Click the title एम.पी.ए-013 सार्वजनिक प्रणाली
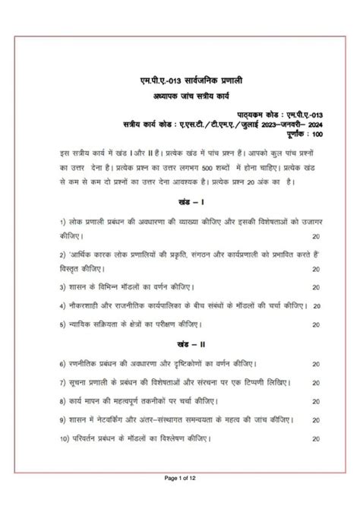point(180,80)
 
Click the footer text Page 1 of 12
point(180,498)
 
